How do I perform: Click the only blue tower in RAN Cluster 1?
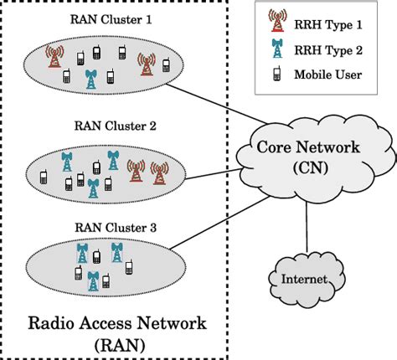coord(91,79)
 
